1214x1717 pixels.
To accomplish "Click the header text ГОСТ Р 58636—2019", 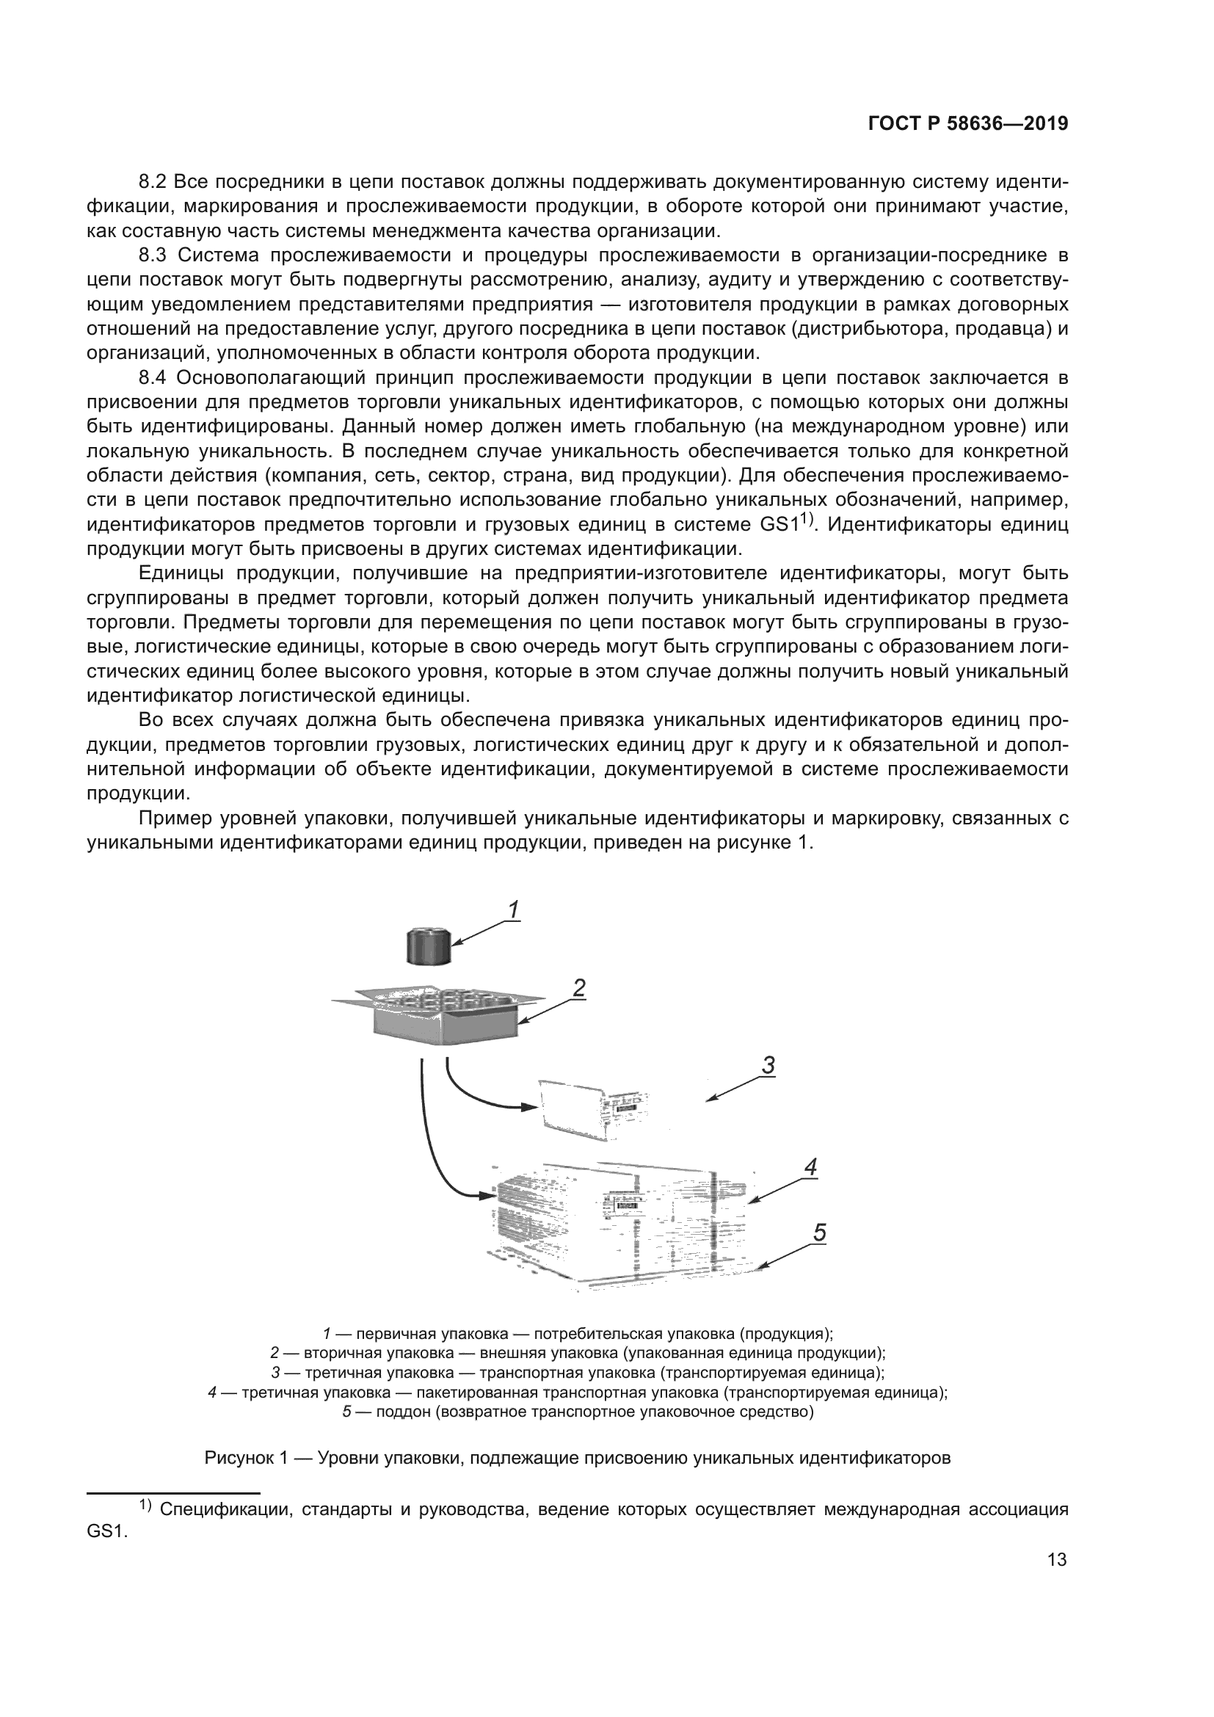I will pos(967,124).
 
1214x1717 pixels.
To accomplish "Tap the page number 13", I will pos(1057,1580).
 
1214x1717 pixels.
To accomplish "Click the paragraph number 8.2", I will pos(155,183).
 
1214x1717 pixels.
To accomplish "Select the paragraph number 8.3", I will pos(155,255).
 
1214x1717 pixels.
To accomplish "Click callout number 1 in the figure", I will pos(513,910).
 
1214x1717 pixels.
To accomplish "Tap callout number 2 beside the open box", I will pos(578,988).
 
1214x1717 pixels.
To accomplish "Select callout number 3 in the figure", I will pos(768,1065).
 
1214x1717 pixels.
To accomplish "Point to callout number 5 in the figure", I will pos(819,1232).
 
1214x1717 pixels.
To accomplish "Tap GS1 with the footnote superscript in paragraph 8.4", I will pos(780,525).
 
